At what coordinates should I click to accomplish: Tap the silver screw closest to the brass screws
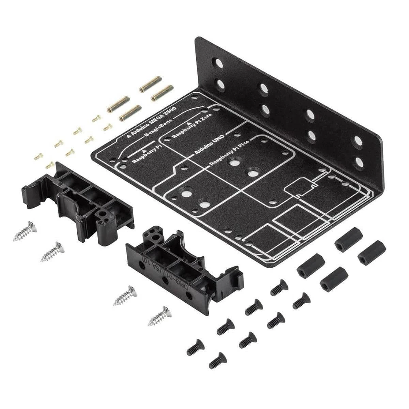click(25, 231)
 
